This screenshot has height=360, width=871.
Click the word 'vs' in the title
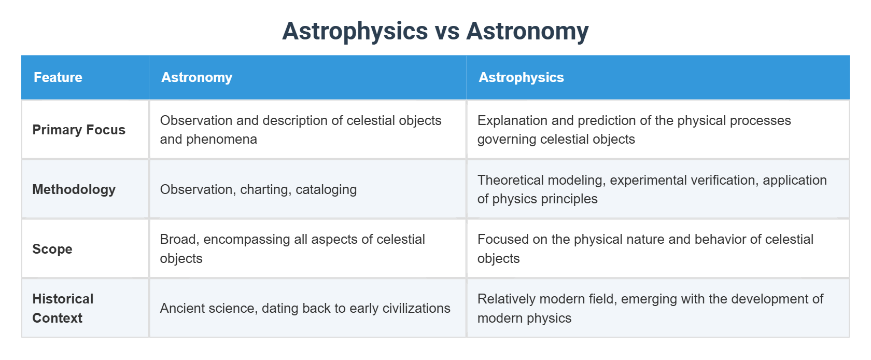[x=447, y=31]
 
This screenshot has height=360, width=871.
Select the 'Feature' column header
[x=58, y=77]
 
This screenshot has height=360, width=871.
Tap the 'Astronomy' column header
[x=196, y=77]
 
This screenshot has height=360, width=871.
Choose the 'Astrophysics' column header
[x=521, y=77]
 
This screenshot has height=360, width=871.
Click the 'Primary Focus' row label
[x=79, y=130]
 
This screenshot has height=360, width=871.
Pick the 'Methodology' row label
[x=74, y=189]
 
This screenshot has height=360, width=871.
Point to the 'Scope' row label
[x=52, y=249]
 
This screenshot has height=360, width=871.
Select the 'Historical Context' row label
[x=63, y=308]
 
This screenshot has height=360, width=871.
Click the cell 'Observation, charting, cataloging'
[x=258, y=189]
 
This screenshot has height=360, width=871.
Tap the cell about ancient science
[x=305, y=308]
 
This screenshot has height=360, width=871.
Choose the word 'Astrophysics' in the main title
[x=355, y=31]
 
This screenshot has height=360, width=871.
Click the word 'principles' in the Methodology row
[x=570, y=199]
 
